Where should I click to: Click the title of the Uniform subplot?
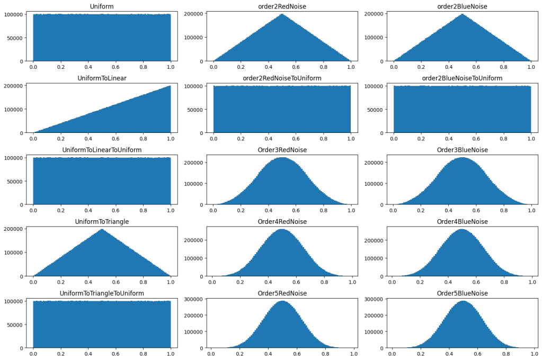pyautogui.click(x=102, y=6)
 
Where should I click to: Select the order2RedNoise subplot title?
pyautogui.click(x=282, y=6)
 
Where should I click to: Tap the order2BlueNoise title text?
pyautogui.click(x=462, y=6)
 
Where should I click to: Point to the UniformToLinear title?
pyautogui.click(x=102, y=78)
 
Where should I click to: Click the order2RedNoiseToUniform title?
pyautogui.click(x=282, y=78)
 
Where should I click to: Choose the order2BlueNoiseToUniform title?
pyautogui.click(x=462, y=78)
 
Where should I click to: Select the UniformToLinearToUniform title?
pyautogui.click(x=102, y=150)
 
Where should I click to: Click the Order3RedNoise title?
pyautogui.click(x=282, y=150)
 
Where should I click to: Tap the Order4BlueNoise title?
pyautogui.click(x=462, y=221)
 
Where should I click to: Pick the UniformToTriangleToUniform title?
pyautogui.click(x=102, y=293)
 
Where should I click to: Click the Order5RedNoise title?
pyautogui.click(x=282, y=293)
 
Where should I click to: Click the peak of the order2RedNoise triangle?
pyautogui.click(x=282, y=14)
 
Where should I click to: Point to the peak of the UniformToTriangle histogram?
pyautogui.click(x=102, y=229)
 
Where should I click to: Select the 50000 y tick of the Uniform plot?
pyautogui.click(x=19, y=38)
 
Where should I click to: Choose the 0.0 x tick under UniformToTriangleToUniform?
pyautogui.click(x=33, y=353)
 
